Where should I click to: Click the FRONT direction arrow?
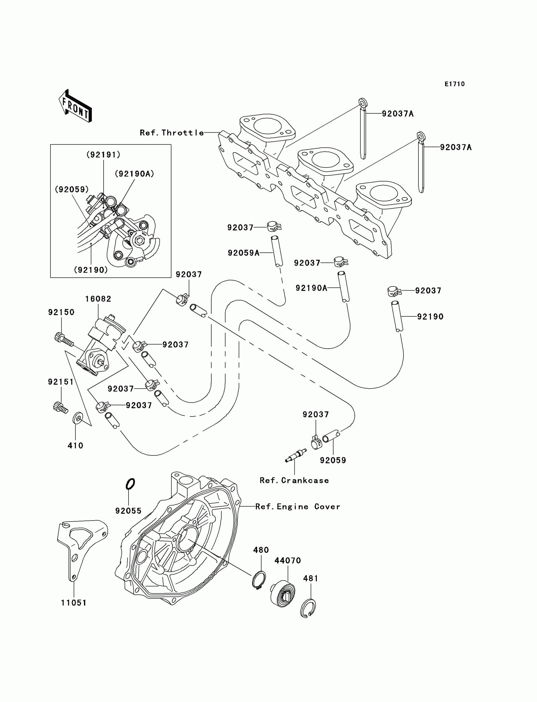pos(75,106)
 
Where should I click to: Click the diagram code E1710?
pos(455,84)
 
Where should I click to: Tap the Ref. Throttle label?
pos(172,133)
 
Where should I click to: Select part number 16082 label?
pos(98,299)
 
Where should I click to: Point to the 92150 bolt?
pos(64,340)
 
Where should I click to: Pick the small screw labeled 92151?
pos(60,407)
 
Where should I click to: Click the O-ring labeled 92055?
pos(130,484)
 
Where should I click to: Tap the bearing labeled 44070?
pos(283,594)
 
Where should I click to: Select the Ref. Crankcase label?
pos(294,480)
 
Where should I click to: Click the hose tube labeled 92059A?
pos(277,251)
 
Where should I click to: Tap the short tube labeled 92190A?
pos(344,287)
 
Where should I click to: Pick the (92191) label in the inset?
pos(104,155)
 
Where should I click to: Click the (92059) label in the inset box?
pos(72,189)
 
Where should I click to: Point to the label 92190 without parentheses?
pos(430,317)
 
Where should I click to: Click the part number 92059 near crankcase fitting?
pos(333,460)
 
